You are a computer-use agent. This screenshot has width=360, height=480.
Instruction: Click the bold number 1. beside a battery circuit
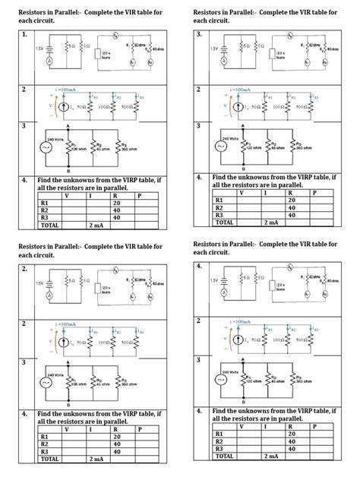tap(25, 35)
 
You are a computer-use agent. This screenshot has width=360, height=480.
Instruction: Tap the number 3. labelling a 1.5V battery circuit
tap(200, 35)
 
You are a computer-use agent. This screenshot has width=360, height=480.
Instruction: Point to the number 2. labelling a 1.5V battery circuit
tap(25, 269)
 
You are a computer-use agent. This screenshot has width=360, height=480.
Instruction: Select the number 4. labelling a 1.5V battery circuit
tap(200, 267)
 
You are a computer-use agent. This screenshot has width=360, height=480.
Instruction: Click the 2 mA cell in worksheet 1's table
tap(96, 226)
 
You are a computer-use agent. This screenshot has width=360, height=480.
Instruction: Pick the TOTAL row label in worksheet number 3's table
tap(225, 223)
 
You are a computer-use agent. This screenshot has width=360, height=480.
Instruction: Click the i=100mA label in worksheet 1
tap(66, 90)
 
